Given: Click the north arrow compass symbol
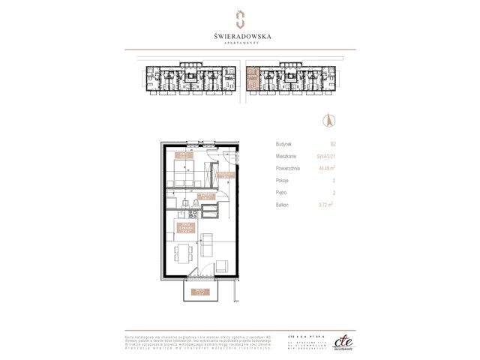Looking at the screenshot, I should click(x=327, y=119).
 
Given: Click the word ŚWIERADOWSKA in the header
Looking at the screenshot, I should click(x=240, y=35).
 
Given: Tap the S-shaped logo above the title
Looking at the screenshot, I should click(x=240, y=18).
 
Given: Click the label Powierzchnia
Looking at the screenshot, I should click(x=287, y=168).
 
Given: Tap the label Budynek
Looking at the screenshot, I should click(x=283, y=142).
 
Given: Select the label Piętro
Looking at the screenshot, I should click(x=281, y=192).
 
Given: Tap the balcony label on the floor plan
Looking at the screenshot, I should click(x=197, y=291).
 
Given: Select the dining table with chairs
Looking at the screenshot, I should click(x=182, y=253).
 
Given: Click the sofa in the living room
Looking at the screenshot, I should click(x=209, y=244).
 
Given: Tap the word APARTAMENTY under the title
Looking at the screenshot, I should click(x=240, y=43).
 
